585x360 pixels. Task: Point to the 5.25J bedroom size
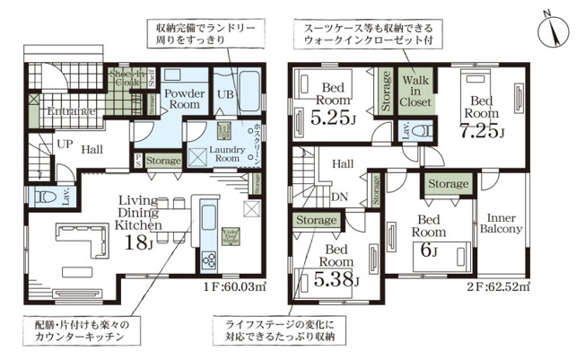point(332,116)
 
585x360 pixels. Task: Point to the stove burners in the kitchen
point(209,259)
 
